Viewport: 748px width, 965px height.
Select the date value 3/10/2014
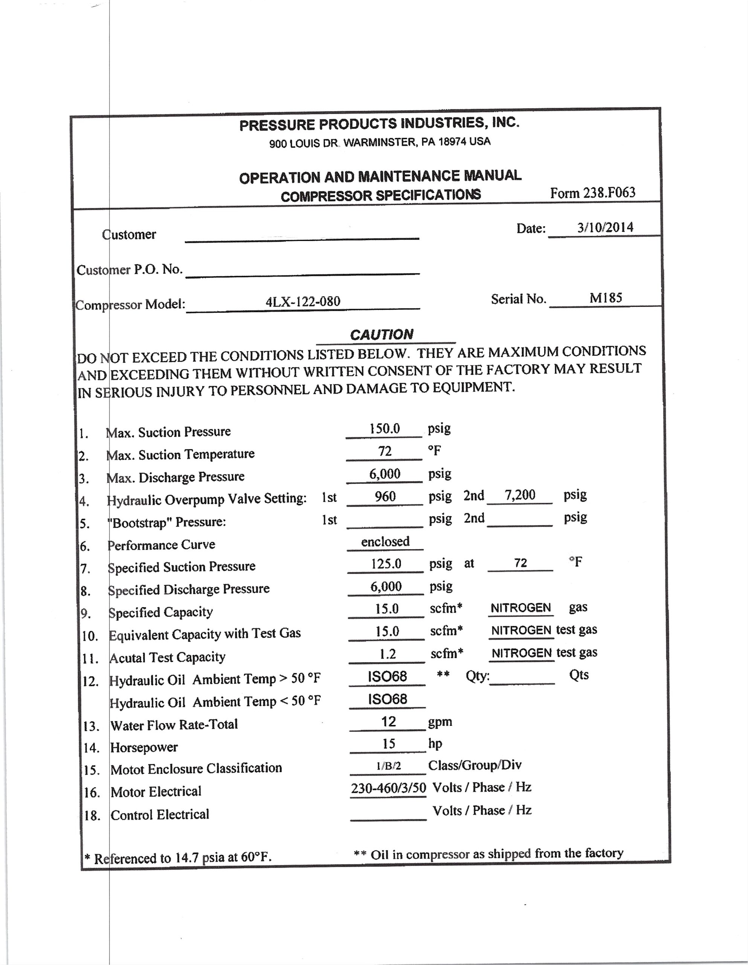[605, 228]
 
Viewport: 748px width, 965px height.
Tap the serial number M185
[605, 298]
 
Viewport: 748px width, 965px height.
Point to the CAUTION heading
[382, 334]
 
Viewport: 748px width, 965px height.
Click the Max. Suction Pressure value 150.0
[385, 429]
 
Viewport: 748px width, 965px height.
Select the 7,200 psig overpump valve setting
[520, 495]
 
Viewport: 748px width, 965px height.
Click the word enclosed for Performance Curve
[385, 542]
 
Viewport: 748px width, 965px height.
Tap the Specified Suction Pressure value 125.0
[386, 564]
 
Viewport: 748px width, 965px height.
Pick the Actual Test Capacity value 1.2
[388, 654]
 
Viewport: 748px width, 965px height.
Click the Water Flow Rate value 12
[388, 721]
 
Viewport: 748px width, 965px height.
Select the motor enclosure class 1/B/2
[388, 766]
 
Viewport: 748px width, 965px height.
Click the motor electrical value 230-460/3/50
[389, 788]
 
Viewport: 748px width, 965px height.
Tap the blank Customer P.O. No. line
[302, 270]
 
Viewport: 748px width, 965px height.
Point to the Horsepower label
[144, 747]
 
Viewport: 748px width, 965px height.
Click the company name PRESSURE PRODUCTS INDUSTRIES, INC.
[379, 124]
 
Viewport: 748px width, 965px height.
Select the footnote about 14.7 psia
[178, 858]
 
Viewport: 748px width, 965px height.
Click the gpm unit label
[440, 721]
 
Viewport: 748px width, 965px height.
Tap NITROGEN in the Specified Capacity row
[521, 608]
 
